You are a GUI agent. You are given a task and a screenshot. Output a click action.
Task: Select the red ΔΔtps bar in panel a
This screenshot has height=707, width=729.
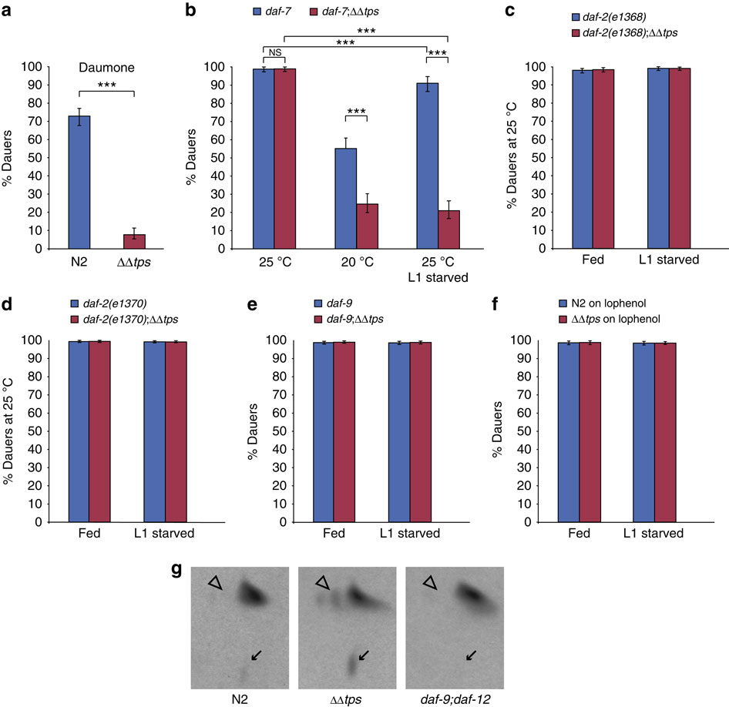pos(134,241)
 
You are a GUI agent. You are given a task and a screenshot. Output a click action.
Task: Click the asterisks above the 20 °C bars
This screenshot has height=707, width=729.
pos(356,112)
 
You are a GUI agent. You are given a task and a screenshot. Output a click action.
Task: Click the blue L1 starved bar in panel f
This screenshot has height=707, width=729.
pos(643,431)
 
